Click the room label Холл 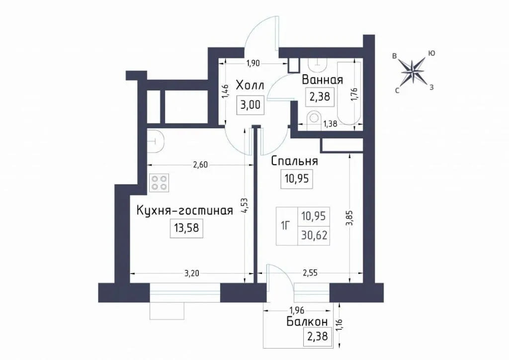[250, 86]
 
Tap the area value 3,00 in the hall [251, 105]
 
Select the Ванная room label [322, 80]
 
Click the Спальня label [294, 161]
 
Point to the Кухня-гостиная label [185, 210]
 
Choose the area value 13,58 [186, 228]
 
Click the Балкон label [307, 322]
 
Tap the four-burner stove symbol [159, 183]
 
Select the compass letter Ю [432, 53]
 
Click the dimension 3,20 [191, 273]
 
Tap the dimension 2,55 [310, 273]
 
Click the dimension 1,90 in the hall [253, 63]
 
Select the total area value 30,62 [314, 234]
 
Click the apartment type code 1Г [286, 225]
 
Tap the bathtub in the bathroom [349, 93]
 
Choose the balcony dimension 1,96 [297, 311]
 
